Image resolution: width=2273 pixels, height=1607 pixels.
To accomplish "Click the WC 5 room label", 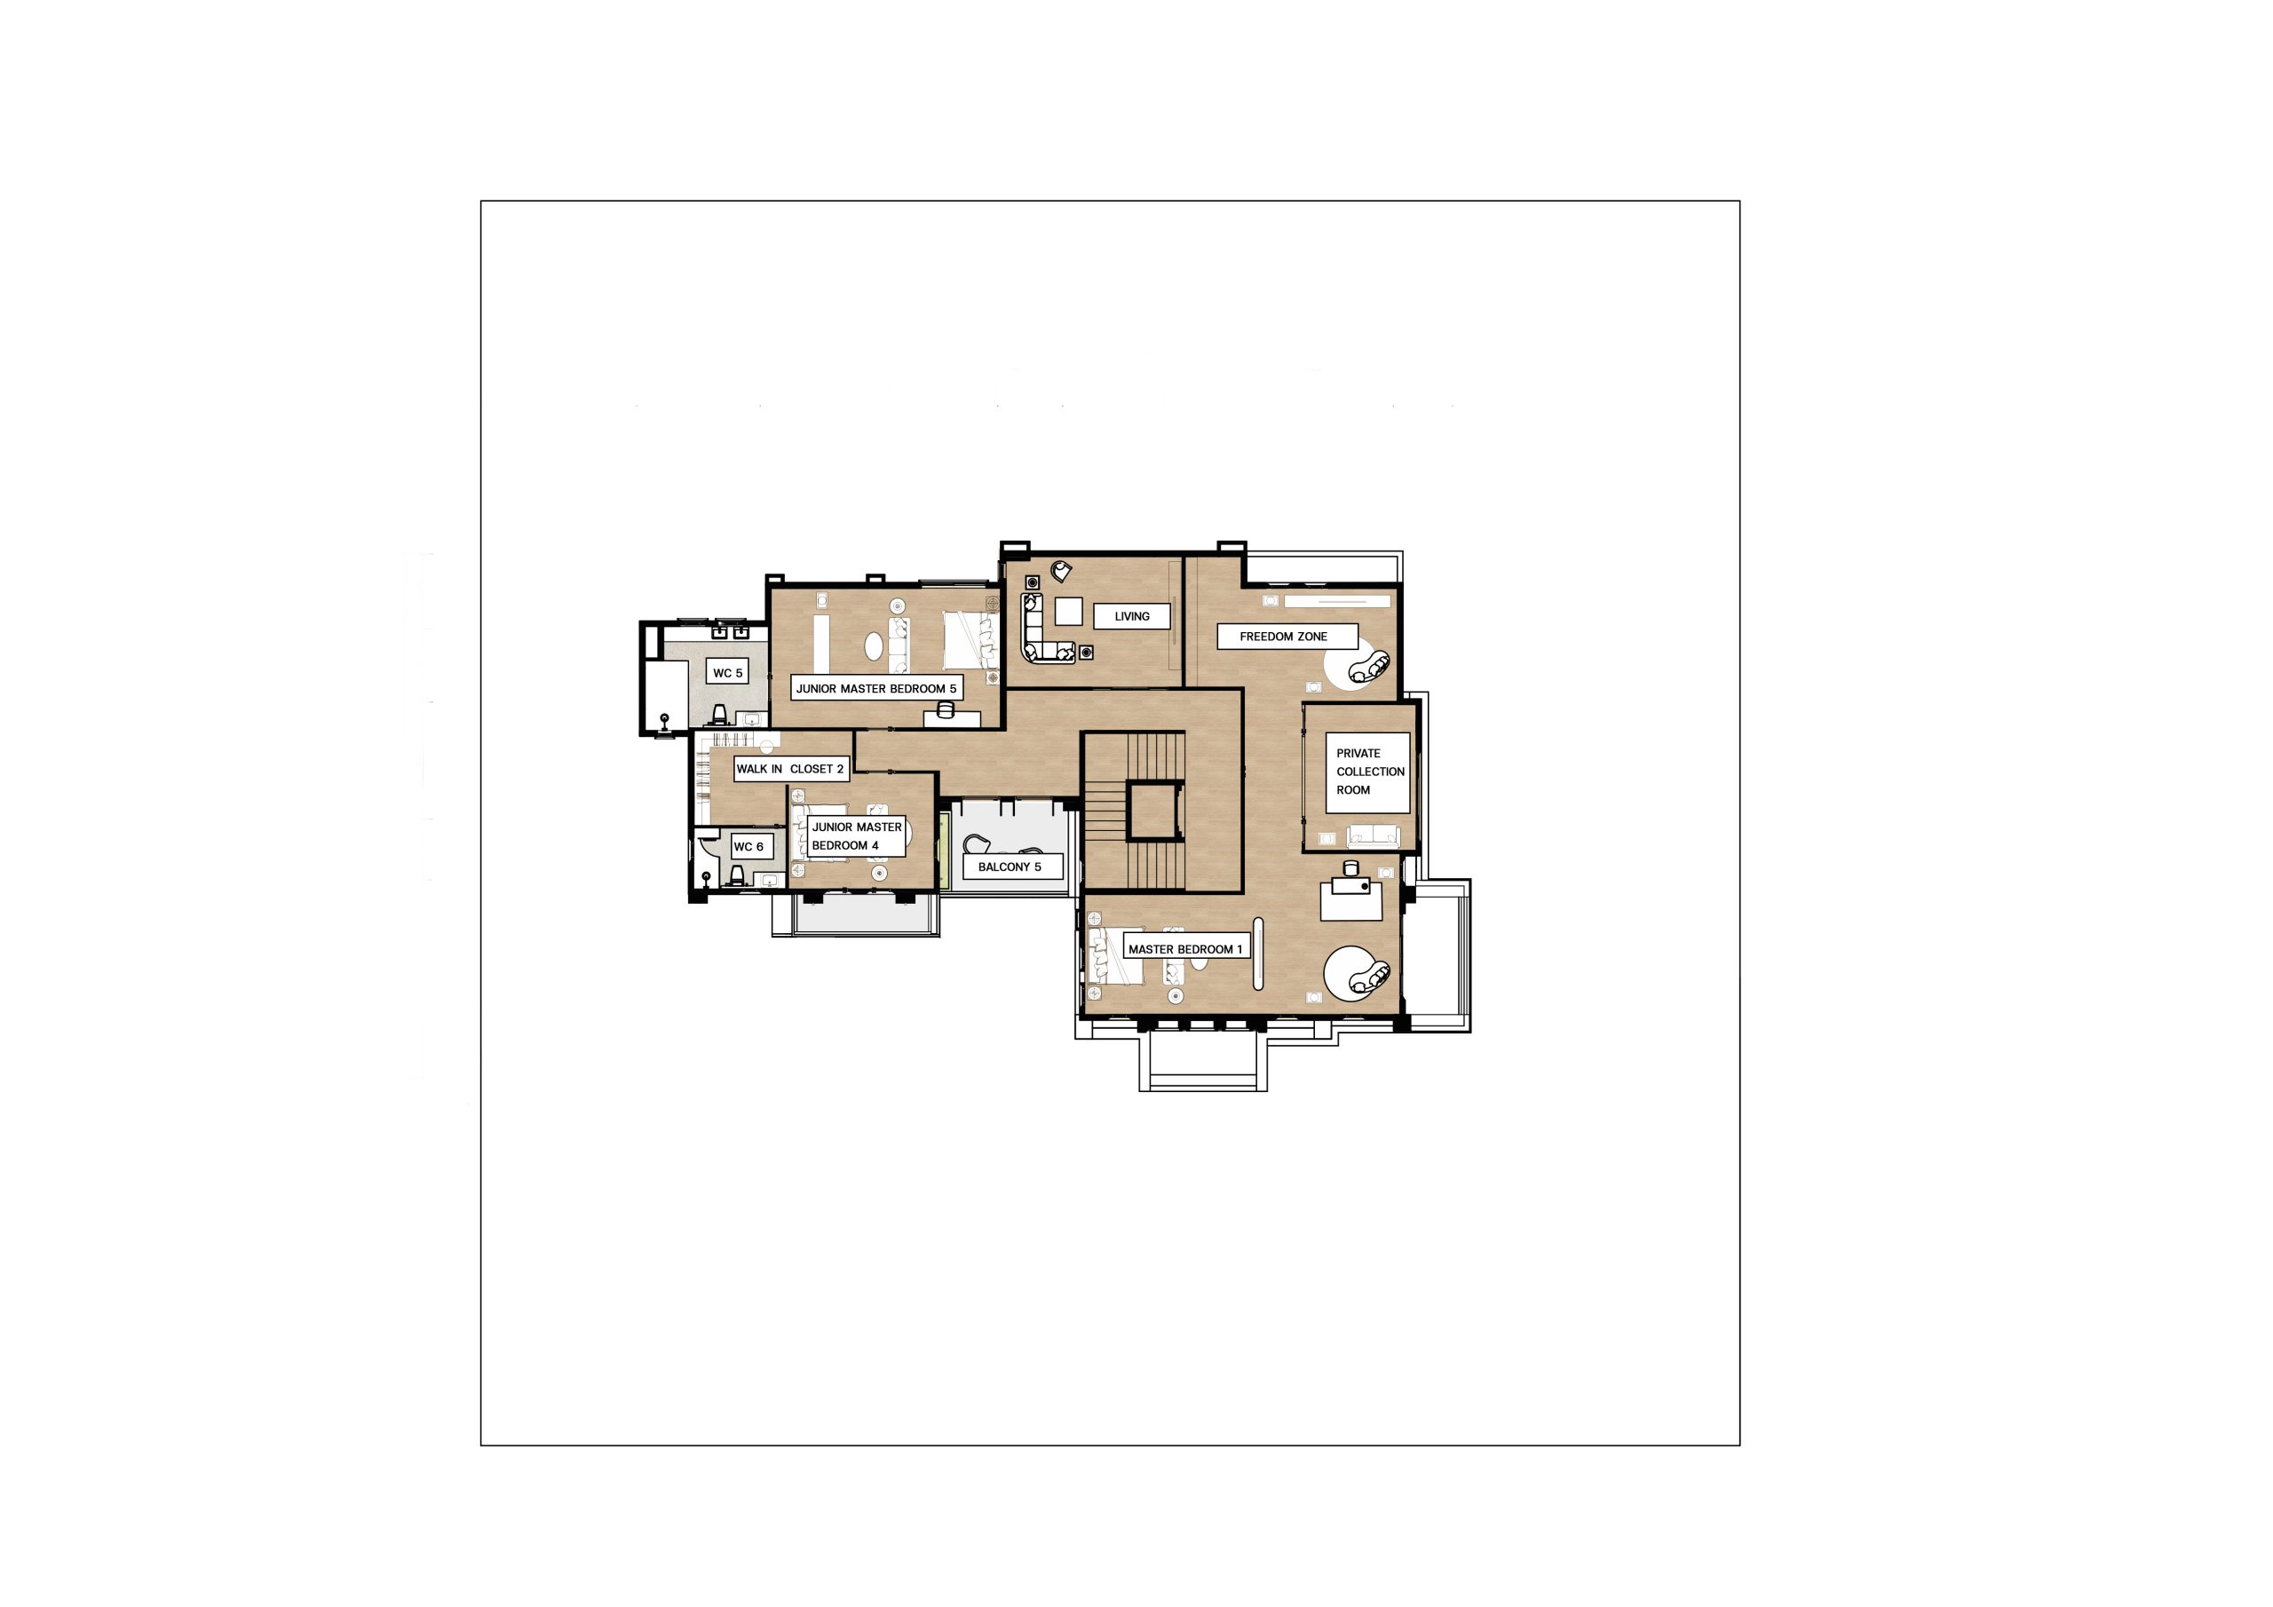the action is point(728,672).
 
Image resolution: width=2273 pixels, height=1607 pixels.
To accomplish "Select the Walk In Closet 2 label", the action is point(790,768).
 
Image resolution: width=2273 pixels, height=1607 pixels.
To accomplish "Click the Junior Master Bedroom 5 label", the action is point(876,688).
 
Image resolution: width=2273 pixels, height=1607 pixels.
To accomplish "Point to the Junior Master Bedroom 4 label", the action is point(856,835).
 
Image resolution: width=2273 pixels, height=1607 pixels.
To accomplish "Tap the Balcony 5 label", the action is point(1010,867).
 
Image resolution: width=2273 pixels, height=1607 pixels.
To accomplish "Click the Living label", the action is point(1131,616).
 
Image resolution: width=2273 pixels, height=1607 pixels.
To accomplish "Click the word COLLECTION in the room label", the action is point(1370,772).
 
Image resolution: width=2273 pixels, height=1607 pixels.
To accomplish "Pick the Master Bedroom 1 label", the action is point(1185,948).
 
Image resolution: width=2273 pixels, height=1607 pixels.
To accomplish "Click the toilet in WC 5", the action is point(720,715).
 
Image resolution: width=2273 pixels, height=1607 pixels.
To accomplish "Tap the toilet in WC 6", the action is point(737,875).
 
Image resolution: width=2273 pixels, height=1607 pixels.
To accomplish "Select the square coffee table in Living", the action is point(1068,612).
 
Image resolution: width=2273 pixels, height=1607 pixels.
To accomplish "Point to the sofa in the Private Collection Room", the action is point(1375,835).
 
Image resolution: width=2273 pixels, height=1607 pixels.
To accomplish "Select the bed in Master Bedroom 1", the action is point(1116,956).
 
